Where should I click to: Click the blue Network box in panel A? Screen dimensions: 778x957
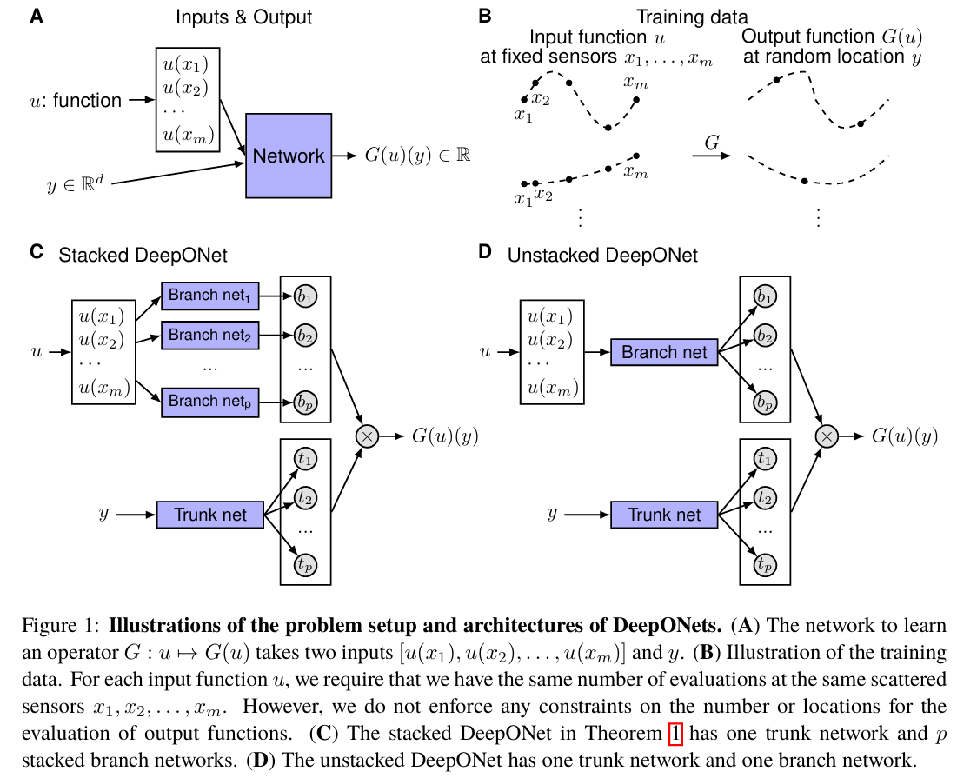[289, 156]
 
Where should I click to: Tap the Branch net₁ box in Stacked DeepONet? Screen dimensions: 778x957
[209, 296]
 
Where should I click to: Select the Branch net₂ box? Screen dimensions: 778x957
[209, 335]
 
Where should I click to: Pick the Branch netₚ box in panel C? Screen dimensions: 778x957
[209, 402]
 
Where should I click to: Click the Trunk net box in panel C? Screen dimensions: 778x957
[210, 515]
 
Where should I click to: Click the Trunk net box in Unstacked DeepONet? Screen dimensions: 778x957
[665, 515]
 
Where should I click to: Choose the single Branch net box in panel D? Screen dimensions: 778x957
[665, 352]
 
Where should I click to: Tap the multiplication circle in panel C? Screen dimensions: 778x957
[367, 436]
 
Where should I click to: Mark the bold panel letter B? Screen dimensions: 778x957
[485, 15]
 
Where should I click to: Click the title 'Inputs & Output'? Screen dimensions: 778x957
[243, 17]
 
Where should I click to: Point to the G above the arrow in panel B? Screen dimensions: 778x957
[711, 143]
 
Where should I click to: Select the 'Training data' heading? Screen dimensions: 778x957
[692, 17]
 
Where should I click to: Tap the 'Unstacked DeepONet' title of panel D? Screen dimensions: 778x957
[602, 256]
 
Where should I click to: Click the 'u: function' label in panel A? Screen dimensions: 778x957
[76, 101]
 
